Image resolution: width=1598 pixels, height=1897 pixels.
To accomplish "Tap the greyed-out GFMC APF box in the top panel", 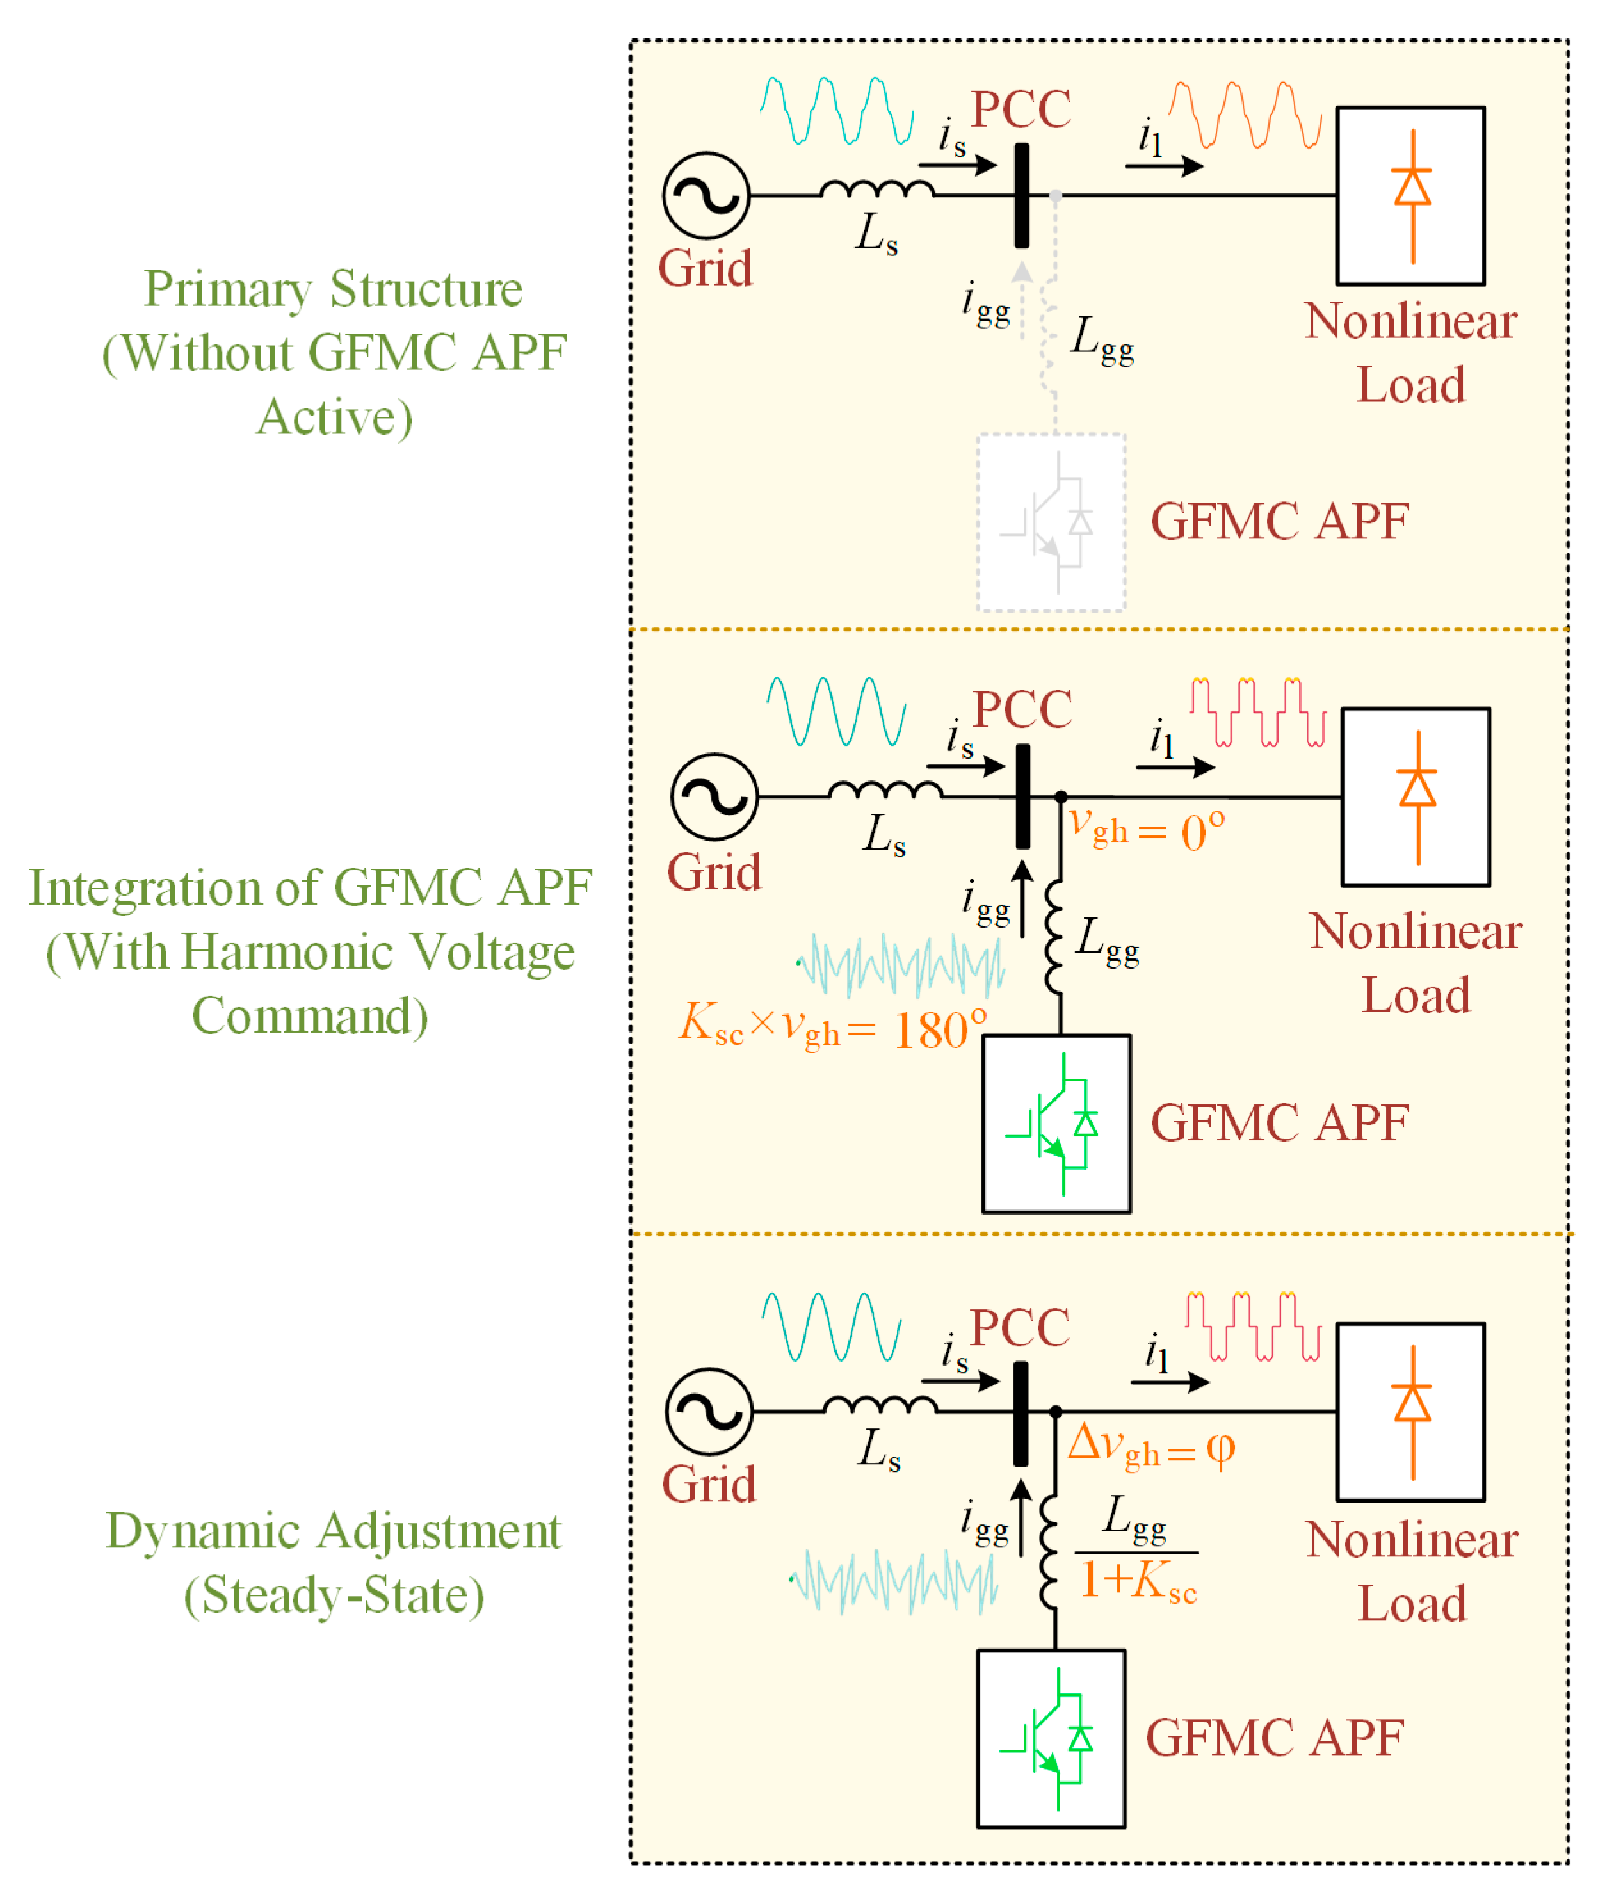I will tap(1051, 522).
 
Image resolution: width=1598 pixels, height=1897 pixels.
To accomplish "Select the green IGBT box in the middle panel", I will tap(1056, 1124).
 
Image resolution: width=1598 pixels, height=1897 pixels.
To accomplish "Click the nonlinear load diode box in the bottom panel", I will tap(1410, 1412).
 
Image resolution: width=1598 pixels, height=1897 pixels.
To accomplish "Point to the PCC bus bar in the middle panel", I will tap(1022, 796).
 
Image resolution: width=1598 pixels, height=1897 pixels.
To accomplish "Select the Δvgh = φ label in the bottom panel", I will tap(1150, 1445).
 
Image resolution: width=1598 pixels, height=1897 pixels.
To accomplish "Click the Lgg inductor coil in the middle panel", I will tap(1054, 939).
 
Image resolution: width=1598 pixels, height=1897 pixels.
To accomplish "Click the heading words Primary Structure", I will tap(334, 290).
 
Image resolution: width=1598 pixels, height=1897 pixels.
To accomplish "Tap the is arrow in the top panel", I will tap(958, 166).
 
